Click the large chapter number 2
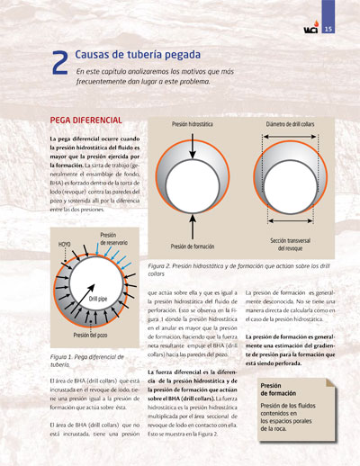tap(59, 62)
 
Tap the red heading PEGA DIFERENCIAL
tap(86, 120)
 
